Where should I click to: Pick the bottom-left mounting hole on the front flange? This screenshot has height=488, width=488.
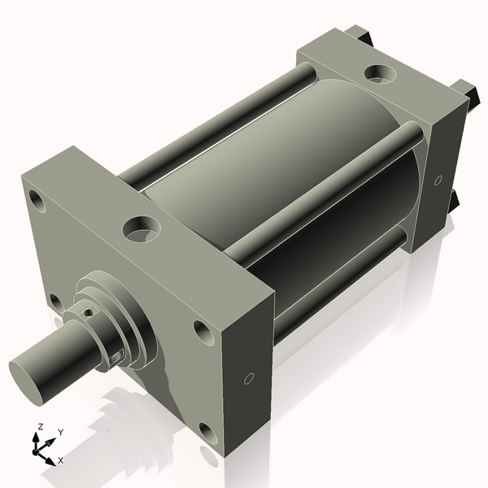coord(54,303)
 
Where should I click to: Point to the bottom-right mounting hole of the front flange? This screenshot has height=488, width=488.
coord(208,434)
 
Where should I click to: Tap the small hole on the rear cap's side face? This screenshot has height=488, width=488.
coord(438,180)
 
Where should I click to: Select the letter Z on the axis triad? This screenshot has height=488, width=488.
coord(40,426)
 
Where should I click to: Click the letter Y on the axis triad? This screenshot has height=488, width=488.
coord(61,433)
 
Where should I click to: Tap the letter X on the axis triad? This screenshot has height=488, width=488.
coord(60,460)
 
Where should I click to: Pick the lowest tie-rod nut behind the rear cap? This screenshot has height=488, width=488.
coord(454,200)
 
